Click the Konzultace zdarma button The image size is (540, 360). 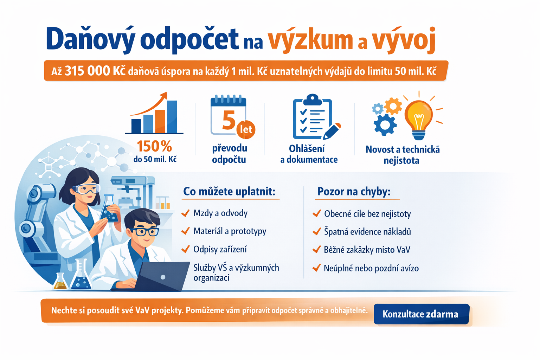422,314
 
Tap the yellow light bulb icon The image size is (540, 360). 419,120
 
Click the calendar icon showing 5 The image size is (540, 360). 228,115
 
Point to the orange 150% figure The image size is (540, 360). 154,146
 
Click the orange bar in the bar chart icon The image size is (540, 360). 160,121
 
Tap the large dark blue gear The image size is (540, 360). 385,125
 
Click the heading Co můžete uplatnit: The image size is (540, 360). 229,192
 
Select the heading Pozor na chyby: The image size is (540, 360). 354,192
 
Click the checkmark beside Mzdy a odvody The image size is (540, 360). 185,213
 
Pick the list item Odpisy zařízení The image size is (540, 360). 220,249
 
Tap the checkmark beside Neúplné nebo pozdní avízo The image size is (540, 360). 316,268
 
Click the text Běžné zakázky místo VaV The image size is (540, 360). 367,250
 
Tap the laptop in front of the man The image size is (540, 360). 161,277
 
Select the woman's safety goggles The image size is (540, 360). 86,188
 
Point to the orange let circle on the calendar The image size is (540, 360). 246,129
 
